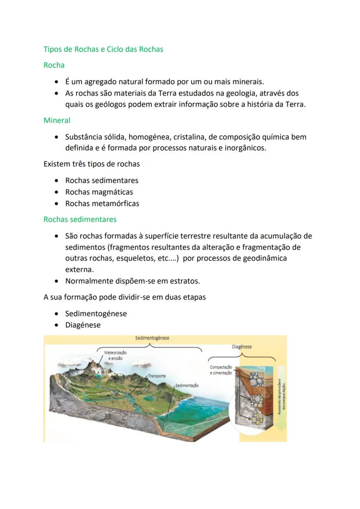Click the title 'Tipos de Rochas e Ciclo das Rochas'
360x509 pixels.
coord(103,49)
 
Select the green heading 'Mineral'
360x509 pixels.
coord(57,120)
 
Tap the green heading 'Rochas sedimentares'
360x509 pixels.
coord(80,220)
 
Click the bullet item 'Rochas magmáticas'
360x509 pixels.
coord(99,192)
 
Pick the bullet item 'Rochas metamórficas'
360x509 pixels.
coord(102,203)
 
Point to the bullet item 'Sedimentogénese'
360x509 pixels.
coord(96,314)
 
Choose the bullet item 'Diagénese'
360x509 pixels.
coord(83,325)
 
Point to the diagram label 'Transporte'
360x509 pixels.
coord(157,376)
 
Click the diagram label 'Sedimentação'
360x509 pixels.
coord(187,386)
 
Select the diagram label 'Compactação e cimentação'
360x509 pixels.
coord(221,370)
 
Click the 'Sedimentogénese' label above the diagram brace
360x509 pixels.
coord(152,338)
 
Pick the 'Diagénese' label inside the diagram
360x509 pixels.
coord(242,347)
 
